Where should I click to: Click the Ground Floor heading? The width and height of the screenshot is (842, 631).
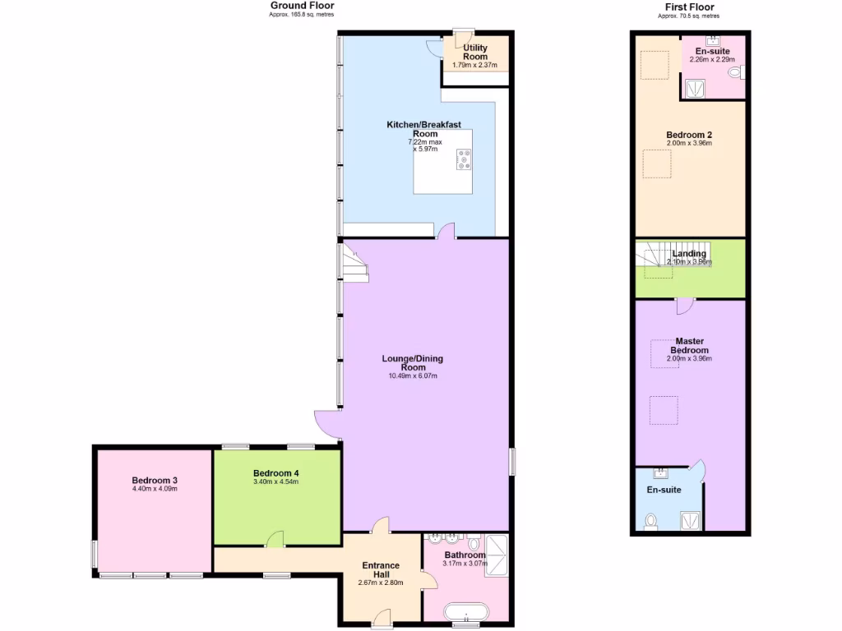[302, 6]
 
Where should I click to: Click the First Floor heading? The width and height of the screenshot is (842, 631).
[689, 7]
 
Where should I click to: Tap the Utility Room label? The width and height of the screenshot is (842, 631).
[474, 53]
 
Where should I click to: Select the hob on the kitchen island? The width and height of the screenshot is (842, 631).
[465, 159]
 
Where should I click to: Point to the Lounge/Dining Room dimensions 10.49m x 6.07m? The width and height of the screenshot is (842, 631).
[413, 376]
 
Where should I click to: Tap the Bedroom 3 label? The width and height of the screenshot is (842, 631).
[155, 481]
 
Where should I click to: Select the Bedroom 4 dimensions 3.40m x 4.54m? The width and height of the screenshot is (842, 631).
[275, 482]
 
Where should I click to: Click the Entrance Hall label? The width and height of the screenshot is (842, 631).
[382, 570]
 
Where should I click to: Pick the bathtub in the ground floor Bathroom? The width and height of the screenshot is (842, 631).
[466, 613]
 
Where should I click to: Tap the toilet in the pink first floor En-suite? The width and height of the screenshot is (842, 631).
[736, 72]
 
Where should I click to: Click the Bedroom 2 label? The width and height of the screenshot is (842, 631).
[689, 135]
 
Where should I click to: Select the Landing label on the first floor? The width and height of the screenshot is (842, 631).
[689, 254]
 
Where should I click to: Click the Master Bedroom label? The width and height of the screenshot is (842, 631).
[689, 345]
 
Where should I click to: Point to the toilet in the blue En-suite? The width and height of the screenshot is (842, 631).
[651, 522]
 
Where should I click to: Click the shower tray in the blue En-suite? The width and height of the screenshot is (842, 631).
[692, 519]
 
